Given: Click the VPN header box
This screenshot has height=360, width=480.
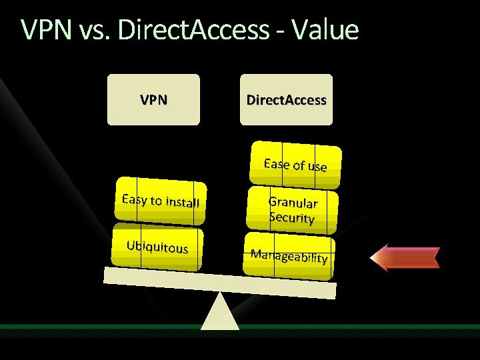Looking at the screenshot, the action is (153, 100).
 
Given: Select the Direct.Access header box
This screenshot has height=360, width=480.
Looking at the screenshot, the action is (286, 100).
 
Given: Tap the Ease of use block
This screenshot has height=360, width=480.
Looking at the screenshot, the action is (295, 165).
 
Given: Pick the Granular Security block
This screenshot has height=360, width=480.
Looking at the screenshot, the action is (292, 209).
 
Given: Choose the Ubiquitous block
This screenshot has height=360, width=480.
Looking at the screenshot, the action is (157, 248).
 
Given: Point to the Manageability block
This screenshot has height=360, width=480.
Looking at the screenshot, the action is (289, 255).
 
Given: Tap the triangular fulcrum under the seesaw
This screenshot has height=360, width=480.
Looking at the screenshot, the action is (221, 313).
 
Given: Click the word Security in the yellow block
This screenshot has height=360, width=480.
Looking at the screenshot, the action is (291, 217).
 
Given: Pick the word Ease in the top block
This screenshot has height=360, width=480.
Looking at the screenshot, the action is (276, 163).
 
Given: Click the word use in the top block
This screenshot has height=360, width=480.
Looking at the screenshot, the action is (317, 167).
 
